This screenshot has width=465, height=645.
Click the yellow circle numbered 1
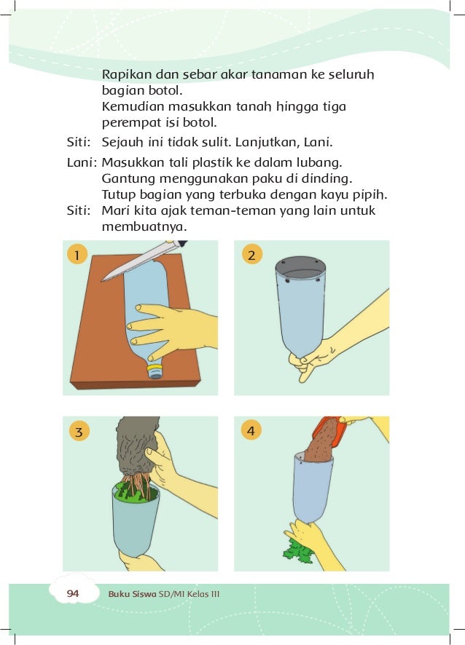[77, 255]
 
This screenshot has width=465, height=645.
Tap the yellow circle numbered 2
[251, 255]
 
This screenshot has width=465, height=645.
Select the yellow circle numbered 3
[79, 431]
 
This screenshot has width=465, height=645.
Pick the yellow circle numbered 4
[251, 430]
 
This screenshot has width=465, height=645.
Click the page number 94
[73, 593]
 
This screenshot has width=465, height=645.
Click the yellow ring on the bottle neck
[155, 367]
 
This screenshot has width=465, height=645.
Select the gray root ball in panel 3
[137, 446]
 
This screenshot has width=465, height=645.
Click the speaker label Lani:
[82, 162]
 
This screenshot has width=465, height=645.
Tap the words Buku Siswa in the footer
[132, 594]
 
